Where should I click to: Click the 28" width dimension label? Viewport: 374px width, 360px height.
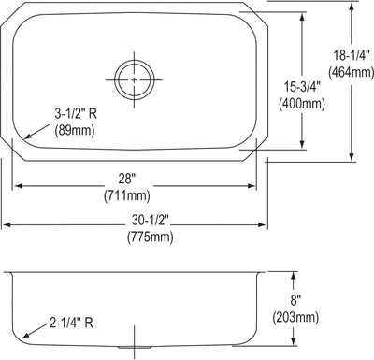pos(127,180)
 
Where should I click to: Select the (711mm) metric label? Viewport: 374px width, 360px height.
pos(127,195)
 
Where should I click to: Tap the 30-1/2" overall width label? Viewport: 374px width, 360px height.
pos(150,221)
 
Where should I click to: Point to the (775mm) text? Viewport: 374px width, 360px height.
pos(150,237)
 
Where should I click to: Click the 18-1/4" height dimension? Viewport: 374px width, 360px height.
pos(352,56)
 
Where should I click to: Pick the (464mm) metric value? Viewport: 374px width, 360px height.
pos(351,72)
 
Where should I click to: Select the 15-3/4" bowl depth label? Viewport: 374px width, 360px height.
pos(302,87)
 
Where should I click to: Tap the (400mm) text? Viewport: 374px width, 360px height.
pos(302,104)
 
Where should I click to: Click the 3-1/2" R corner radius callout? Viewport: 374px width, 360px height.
pos(76,114)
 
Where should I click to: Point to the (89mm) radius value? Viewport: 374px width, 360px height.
pos(75,130)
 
